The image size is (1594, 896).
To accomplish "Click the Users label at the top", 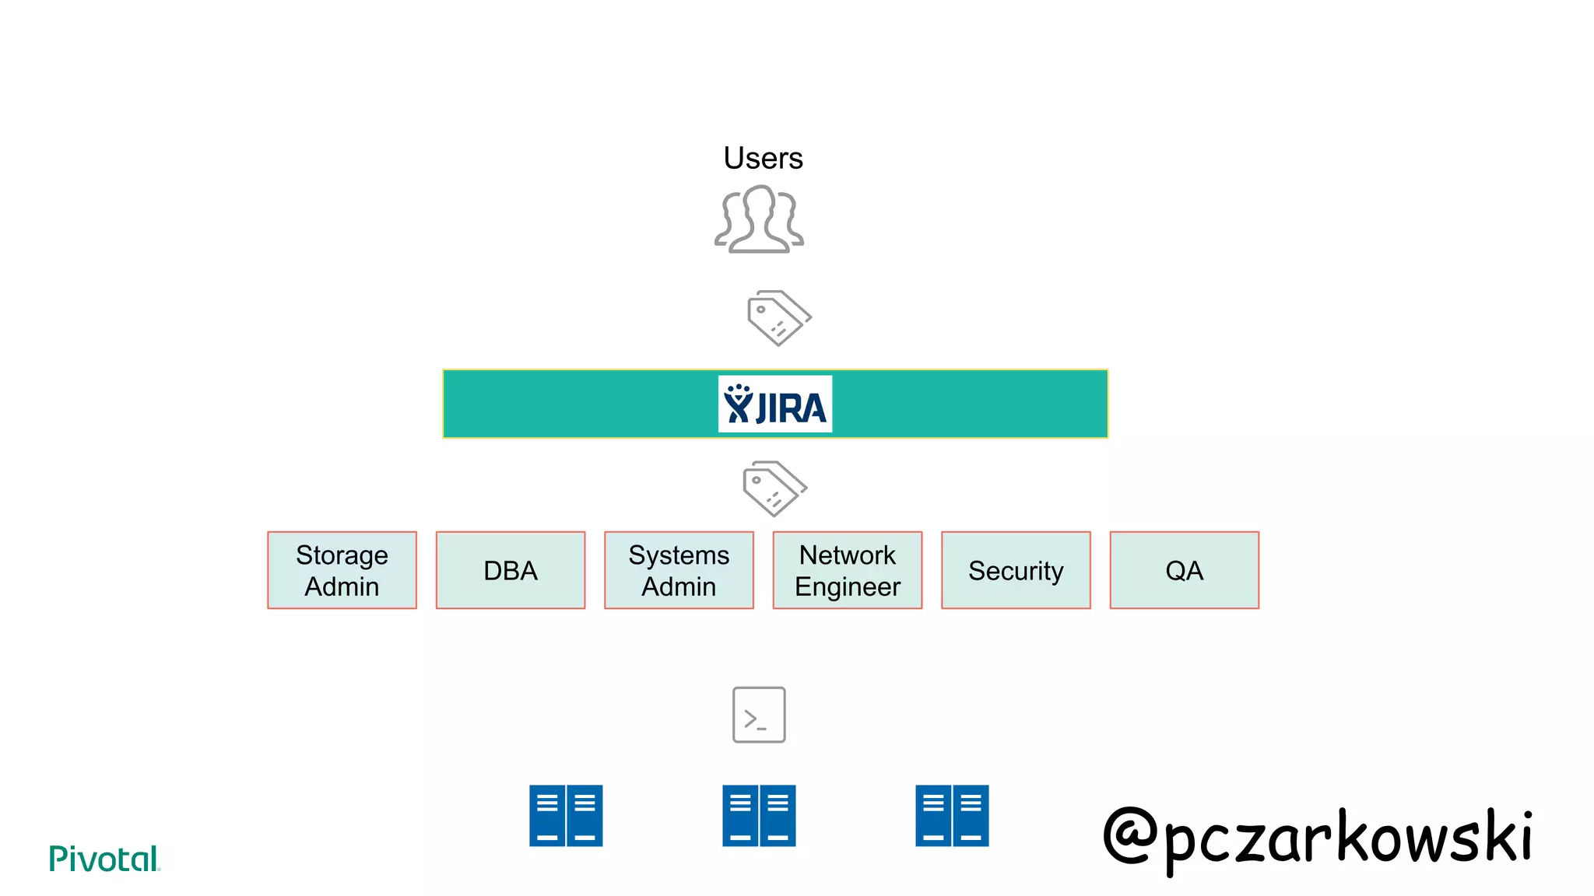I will click(x=763, y=158).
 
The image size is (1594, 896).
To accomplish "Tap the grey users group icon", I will click(x=760, y=219).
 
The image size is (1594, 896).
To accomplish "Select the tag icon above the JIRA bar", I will click(x=778, y=318).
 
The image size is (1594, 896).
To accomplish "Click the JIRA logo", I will click(x=775, y=404).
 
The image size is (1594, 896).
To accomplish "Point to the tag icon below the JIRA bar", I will click(x=774, y=488).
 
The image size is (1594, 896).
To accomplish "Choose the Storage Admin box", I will click(x=342, y=570).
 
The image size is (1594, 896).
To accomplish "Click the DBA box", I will click(x=511, y=570).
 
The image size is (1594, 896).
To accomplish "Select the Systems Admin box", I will click(x=679, y=570).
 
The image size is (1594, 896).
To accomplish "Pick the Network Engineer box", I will click(x=848, y=570).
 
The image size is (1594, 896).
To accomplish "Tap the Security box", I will click(x=1016, y=570).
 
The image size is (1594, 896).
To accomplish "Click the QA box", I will click(x=1184, y=570).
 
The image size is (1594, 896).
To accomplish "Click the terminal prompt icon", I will click(x=759, y=715).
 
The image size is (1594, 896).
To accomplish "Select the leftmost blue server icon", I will click(x=566, y=815).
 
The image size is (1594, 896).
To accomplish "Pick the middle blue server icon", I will click(x=759, y=815).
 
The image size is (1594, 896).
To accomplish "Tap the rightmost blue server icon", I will click(x=952, y=815).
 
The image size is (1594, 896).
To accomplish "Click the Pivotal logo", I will click(x=104, y=859).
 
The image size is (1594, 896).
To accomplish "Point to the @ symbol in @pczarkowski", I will click(x=1130, y=836).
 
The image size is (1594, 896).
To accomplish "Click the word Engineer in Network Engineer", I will click(x=848, y=586).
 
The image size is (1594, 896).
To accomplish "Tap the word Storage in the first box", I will click(x=342, y=555).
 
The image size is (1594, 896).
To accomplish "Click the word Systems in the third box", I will click(x=679, y=555).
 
